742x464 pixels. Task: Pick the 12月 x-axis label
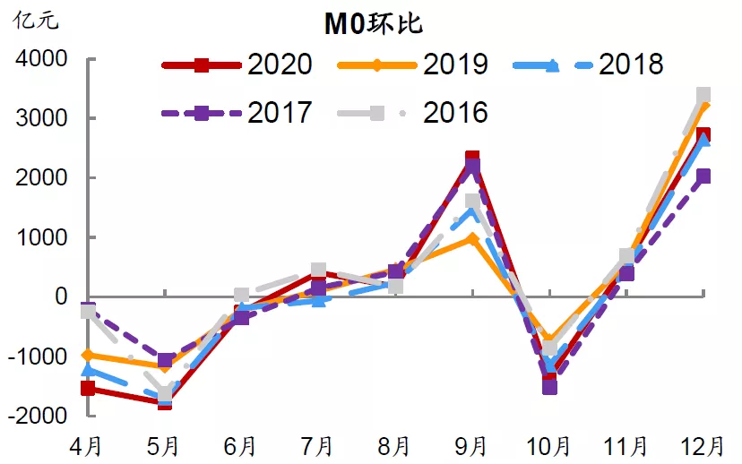(x=701, y=445)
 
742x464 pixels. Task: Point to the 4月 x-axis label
(x=88, y=445)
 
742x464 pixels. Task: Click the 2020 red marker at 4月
(x=88, y=388)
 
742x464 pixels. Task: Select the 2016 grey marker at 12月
(x=703, y=94)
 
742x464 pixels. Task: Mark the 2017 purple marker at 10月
(x=549, y=387)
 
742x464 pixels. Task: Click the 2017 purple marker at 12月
(x=703, y=176)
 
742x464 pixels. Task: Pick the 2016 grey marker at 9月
(x=472, y=202)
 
